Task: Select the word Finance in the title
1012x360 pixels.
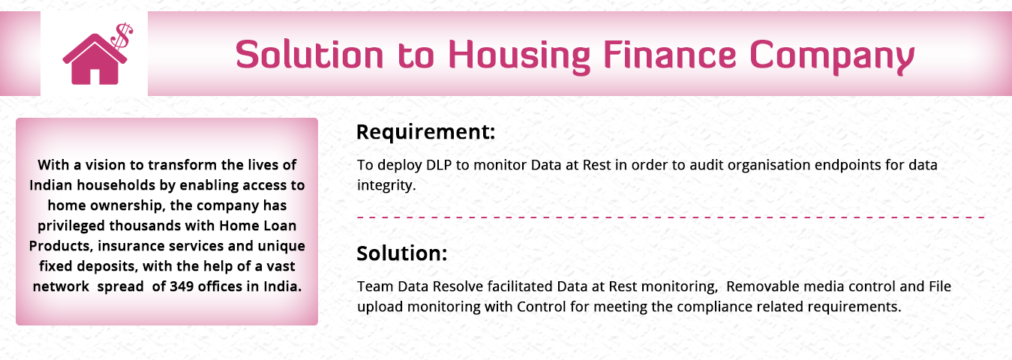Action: (670, 54)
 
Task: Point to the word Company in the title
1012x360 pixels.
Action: (832, 57)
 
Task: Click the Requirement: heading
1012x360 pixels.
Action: (425, 132)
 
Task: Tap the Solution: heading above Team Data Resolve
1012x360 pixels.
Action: (401, 253)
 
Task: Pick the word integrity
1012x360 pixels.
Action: (386, 186)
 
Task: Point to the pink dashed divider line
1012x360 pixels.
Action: (671, 217)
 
